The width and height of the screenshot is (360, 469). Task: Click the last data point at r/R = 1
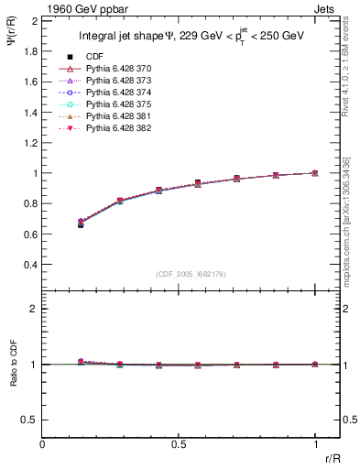tap(315, 173)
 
